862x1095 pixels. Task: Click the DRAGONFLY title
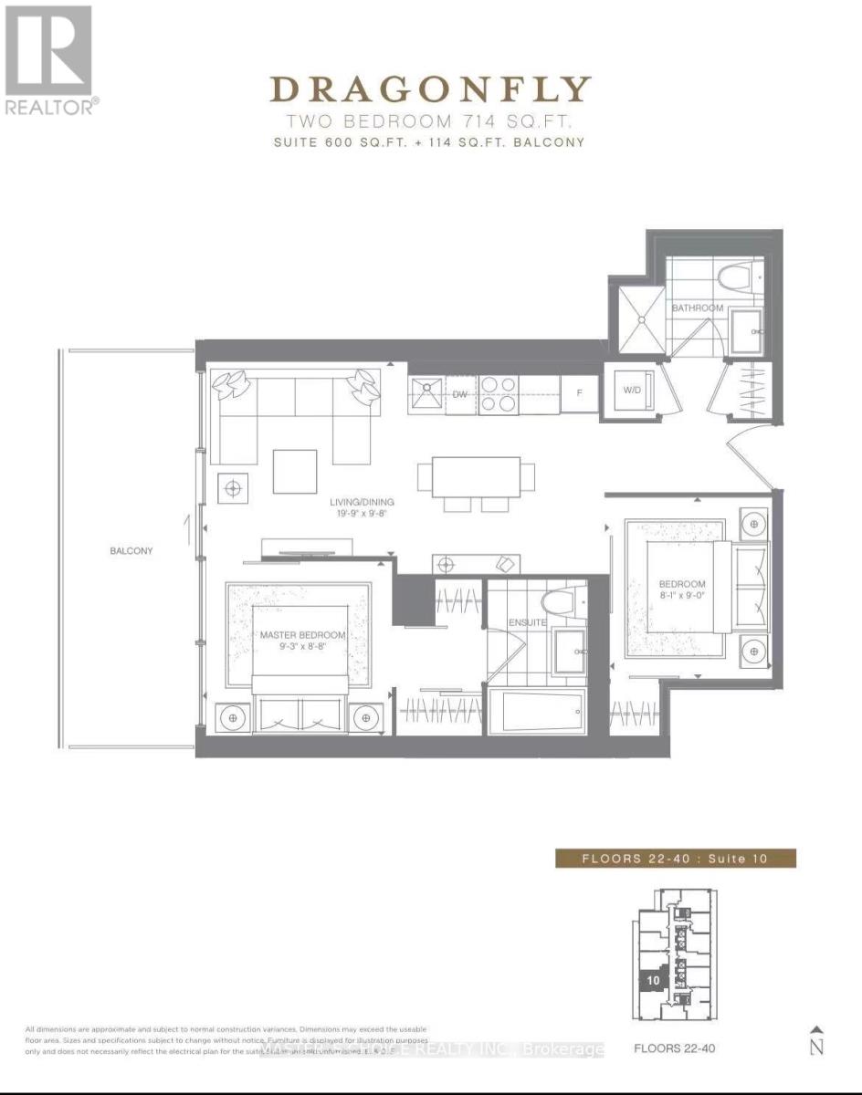pos(430,89)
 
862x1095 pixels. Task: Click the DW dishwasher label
pos(460,395)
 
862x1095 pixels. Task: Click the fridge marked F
pos(578,394)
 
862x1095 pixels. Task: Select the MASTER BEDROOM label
pos(301,635)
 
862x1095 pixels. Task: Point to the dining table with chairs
pos(475,477)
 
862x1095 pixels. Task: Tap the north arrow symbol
pos(816,1040)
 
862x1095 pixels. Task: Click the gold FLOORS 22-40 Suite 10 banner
pos(675,858)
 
